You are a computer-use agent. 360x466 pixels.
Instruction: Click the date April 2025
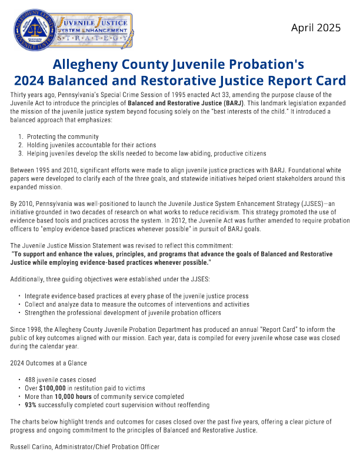click(316, 27)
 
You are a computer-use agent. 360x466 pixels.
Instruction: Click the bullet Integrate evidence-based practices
click(136, 295)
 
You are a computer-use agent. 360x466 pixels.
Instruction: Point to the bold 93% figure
click(31, 405)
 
